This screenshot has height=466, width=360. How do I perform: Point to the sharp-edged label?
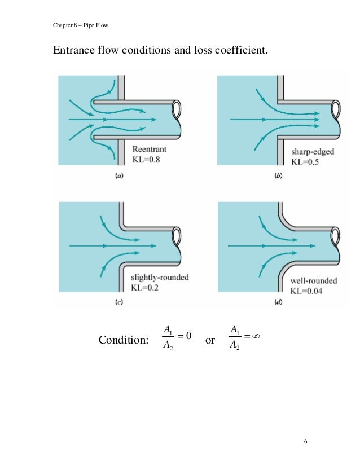(x=313, y=152)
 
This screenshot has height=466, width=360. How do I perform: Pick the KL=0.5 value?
(x=308, y=162)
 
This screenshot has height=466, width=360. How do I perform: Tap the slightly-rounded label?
(x=160, y=278)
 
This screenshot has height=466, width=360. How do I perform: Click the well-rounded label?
(x=314, y=280)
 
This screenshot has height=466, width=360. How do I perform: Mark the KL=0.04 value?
(x=311, y=291)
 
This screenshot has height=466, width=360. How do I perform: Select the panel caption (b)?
(x=278, y=176)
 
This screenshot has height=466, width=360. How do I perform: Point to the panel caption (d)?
(x=278, y=302)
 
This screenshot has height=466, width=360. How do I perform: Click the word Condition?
(x=124, y=340)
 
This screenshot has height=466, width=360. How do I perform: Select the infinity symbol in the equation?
(x=258, y=336)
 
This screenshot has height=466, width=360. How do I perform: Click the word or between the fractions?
(x=210, y=340)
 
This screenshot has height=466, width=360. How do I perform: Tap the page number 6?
(x=305, y=441)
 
